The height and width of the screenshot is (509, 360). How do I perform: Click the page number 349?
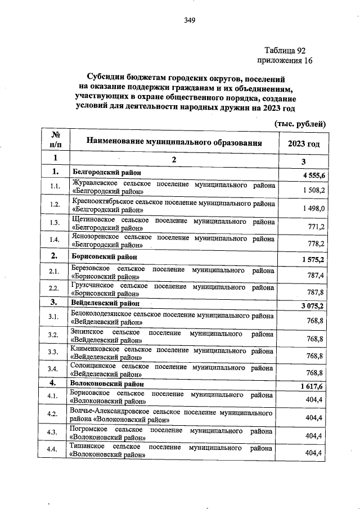pos(190,21)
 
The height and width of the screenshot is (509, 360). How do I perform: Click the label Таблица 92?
pos(287,50)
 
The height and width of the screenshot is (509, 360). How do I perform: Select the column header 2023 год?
pos(304,143)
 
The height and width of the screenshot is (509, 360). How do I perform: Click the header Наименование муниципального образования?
pos(174,143)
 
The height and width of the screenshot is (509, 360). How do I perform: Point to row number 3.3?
pos(55,353)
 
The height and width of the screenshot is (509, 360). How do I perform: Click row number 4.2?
pos(55,414)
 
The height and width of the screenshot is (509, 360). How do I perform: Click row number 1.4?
pos(55,240)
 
